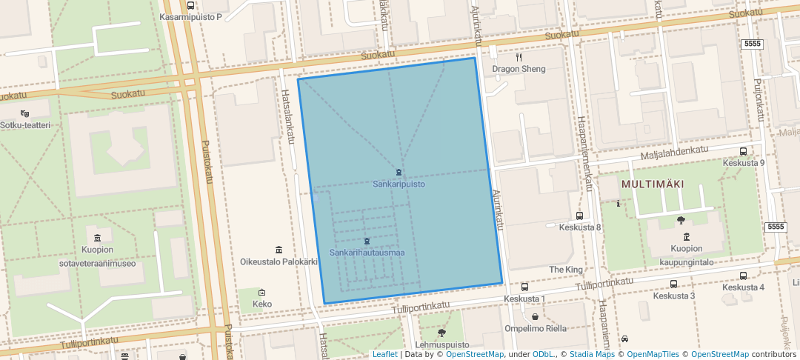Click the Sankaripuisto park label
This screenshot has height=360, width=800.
[399, 184]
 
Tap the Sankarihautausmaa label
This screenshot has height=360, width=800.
[367, 253]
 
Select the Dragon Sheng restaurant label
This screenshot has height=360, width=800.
[519, 69]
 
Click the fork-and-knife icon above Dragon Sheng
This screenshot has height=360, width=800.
[519, 57]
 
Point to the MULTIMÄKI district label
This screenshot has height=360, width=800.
[652, 184]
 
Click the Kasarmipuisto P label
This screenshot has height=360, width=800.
[190, 16]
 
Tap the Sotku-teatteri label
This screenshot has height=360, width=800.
[25, 125]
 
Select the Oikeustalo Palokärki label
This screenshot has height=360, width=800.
[279, 261]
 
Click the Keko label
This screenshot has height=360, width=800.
[262, 304]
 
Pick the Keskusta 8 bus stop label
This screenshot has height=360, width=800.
[580, 227]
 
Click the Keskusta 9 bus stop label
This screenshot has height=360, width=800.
[743, 162]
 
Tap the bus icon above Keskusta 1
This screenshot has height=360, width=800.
[524, 287]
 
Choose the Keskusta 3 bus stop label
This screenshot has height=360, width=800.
[673, 296]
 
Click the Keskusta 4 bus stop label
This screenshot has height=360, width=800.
[743, 287]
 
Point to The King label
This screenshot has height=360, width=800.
[566, 269]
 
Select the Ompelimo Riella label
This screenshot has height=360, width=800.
[536, 328]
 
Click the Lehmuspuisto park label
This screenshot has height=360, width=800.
[441, 344]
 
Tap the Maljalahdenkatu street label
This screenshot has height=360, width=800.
[674, 153]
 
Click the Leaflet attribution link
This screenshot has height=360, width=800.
[384, 354]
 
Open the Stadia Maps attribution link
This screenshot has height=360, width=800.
[590, 354]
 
